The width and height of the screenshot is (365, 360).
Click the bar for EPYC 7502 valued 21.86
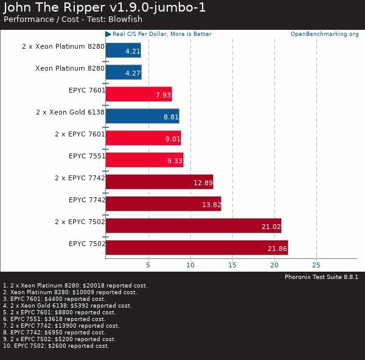click(x=196, y=247)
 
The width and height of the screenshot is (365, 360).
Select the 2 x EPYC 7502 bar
click(x=193, y=226)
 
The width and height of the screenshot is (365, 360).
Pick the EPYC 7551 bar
click(x=144, y=160)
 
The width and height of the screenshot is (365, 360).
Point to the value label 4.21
click(x=133, y=51)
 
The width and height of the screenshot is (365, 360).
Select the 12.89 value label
click(x=203, y=182)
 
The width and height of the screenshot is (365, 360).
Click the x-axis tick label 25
click(x=316, y=265)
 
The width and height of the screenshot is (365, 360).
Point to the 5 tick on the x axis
click(x=148, y=265)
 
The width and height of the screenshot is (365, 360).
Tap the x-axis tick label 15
click(x=232, y=265)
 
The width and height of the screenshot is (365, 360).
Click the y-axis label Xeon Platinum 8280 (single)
click(x=70, y=68)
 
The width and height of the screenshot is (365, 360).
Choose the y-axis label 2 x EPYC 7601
click(x=80, y=134)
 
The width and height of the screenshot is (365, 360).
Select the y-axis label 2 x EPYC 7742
click(x=80, y=178)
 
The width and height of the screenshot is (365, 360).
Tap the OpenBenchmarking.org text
click(x=324, y=34)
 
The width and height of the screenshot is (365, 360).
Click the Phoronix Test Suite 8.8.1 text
click(x=321, y=277)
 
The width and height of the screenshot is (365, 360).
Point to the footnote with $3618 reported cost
click(x=55, y=319)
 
